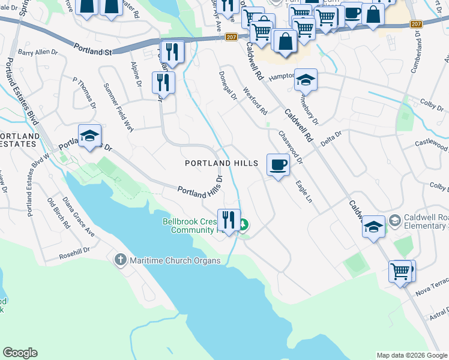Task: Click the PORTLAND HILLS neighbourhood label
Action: pos(221,163)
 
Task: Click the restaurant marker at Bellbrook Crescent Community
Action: pos(228,220)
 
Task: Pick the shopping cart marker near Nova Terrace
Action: pos(400,271)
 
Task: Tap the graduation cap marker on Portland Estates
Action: pos(89,136)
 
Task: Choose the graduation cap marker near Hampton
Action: pos(306,80)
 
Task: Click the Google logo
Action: pos(20,353)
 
